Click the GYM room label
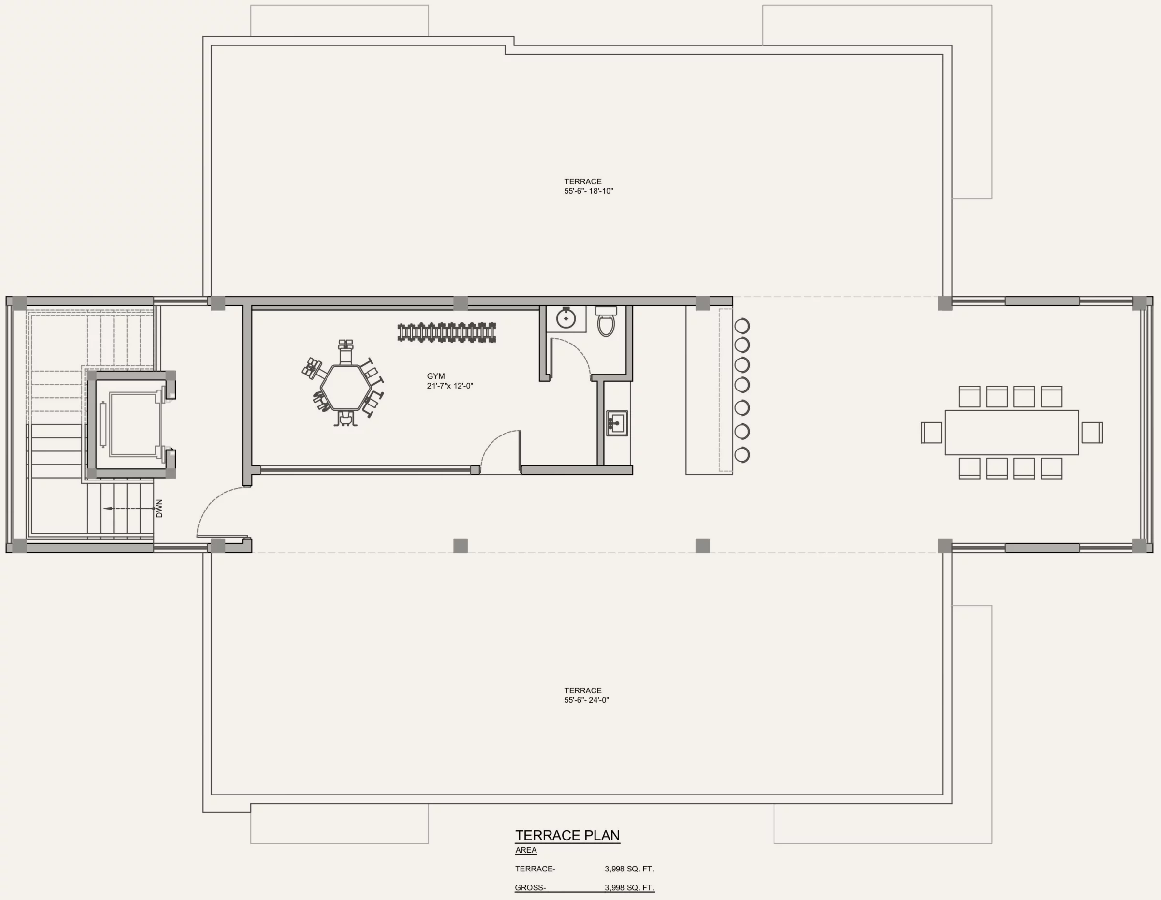[x=435, y=376]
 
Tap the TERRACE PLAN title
[x=567, y=835]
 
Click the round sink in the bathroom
[x=566, y=318]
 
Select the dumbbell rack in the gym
[x=447, y=332]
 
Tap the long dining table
[x=1012, y=432]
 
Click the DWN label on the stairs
[x=159, y=508]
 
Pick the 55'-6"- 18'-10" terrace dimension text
[x=588, y=191]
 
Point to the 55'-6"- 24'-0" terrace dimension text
[x=586, y=700]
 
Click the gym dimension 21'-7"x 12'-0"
[x=450, y=386]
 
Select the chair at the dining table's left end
[x=931, y=432]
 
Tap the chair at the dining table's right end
[x=1092, y=432]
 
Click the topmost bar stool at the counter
[x=742, y=325]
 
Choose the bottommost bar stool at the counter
[x=742, y=454]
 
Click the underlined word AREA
[x=526, y=850]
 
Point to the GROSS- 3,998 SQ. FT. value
[x=629, y=888]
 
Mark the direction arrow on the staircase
[x=128, y=509]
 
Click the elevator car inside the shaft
[x=134, y=424]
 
